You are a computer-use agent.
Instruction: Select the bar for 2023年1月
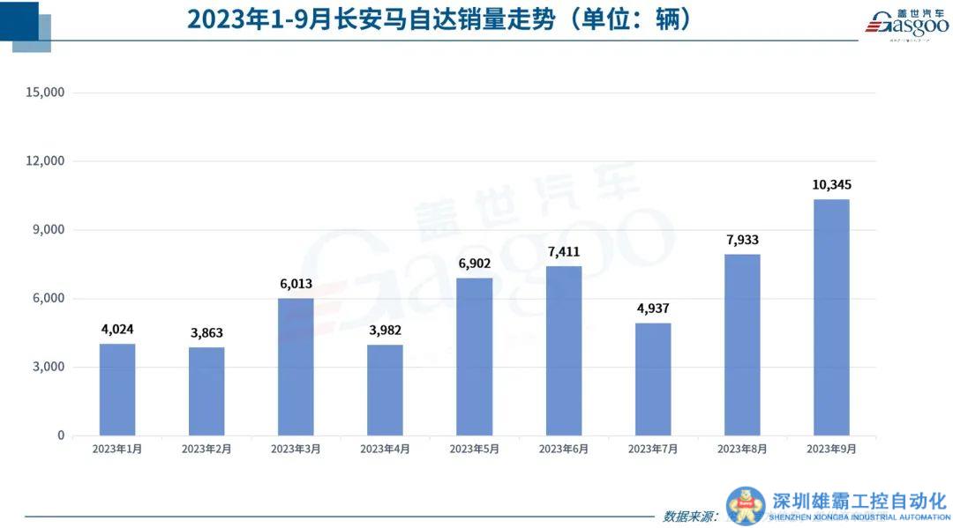click(117, 390)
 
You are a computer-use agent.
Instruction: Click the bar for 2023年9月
click(831, 317)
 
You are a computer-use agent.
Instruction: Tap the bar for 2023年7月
click(653, 379)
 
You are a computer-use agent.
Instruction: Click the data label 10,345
click(831, 185)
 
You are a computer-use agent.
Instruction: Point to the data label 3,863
click(206, 333)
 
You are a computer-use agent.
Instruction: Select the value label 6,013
click(296, 284)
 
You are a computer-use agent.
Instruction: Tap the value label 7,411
click(564, 252)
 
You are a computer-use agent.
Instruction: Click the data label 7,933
click(742, 240)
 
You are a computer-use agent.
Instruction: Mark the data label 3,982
click(385, 331)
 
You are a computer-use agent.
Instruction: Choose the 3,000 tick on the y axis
click(47, 367)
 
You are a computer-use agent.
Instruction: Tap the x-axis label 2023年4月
click(385, 449)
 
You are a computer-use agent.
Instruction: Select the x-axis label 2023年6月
click(564, 449)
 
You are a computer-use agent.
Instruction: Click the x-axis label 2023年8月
click(742, 449)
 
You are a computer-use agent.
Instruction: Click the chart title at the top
click(439, 19)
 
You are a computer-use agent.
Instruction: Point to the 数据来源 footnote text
click(690, 516)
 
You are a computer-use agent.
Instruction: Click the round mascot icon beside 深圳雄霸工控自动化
click(746, 506)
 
